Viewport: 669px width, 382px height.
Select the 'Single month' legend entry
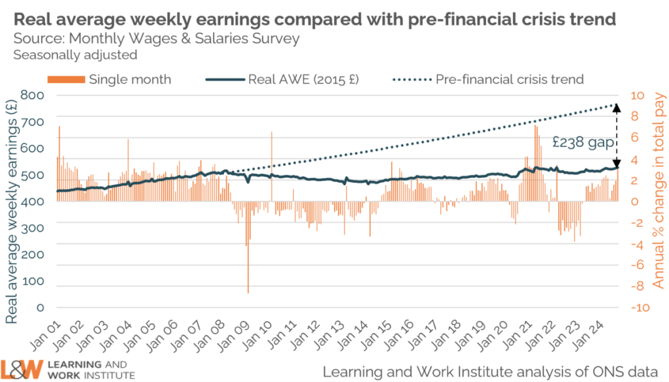pyautogui.click(x=109, y=80)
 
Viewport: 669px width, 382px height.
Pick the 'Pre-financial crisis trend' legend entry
pyautogui.click(x=487, y=80)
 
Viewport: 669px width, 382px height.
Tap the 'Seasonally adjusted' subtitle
pyautogui.click(x=75, y=55)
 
